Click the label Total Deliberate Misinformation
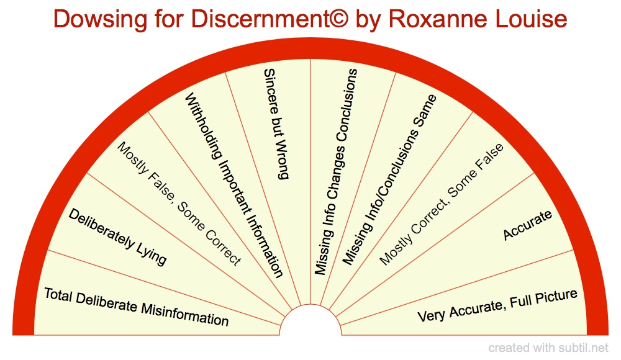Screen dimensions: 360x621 136,307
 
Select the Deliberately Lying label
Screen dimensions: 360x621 117,237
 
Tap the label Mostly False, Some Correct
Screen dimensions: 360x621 179,205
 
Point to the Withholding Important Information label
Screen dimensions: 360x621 235,185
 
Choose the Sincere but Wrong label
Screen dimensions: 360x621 276,124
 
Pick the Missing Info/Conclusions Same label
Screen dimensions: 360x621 390,179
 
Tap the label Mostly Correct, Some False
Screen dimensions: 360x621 442,204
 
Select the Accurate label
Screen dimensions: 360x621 528,225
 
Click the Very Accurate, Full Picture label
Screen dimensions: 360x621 497,305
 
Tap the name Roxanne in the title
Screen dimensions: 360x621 436,19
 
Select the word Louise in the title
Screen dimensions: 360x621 532,19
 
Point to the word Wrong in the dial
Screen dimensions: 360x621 281,164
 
